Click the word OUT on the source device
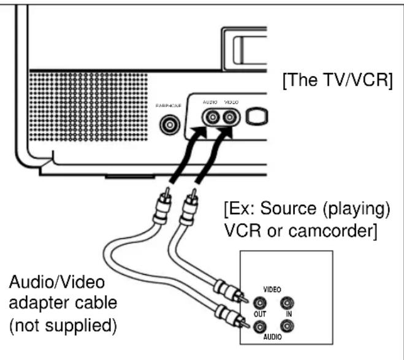261,314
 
